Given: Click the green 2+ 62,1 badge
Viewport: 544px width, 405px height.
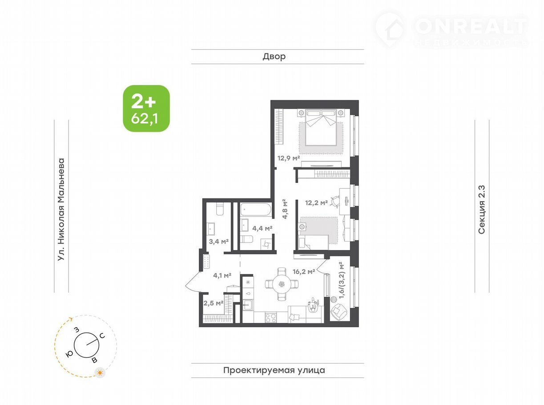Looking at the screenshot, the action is (146, 108).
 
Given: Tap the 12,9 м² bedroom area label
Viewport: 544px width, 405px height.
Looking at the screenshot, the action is (288, 158).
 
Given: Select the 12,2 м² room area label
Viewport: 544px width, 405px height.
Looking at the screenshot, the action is (316, 202).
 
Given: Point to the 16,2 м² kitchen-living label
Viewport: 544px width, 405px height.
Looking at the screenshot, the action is (304, 271).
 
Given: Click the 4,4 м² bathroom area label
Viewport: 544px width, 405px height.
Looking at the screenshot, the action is (262, 228).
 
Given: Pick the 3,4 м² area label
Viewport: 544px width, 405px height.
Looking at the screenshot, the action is (219, 242).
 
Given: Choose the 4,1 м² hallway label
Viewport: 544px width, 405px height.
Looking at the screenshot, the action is (222, 275).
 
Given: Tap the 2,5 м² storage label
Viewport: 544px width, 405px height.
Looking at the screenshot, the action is (213, 303).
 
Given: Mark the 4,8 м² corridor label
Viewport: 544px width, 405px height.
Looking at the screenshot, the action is (285, 209).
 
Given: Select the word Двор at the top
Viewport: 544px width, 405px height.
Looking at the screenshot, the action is (274, 57).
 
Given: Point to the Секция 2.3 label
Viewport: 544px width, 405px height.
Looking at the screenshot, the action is (482, 210).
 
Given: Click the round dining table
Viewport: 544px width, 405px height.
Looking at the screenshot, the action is (282, 284).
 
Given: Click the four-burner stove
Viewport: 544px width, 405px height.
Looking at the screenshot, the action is (271, 318).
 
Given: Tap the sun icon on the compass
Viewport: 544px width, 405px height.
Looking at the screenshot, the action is (100, 373).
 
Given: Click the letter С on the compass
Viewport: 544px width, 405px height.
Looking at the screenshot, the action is (102, 336).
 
